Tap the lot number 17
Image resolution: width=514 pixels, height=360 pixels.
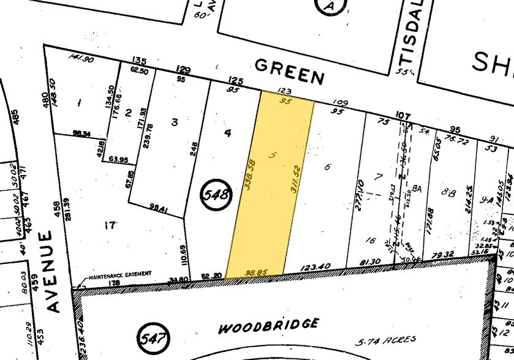110,226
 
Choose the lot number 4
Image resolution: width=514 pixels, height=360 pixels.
227,133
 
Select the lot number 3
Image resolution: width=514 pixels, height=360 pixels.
175,122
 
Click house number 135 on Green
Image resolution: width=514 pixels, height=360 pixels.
139,61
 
